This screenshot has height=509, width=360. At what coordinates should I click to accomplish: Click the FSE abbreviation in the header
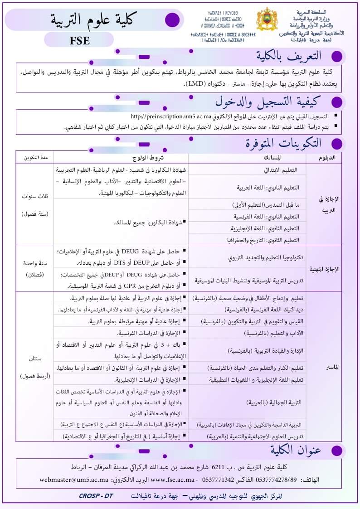[x=80, y=40]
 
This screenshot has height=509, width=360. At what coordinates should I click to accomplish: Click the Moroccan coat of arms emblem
[x=267, y=19]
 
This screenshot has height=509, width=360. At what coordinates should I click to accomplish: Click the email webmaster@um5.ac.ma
[x=74, y=479]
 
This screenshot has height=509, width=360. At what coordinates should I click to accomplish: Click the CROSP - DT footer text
[x=96, y=496]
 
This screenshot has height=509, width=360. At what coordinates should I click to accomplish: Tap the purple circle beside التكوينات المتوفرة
[x=336, y=144]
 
